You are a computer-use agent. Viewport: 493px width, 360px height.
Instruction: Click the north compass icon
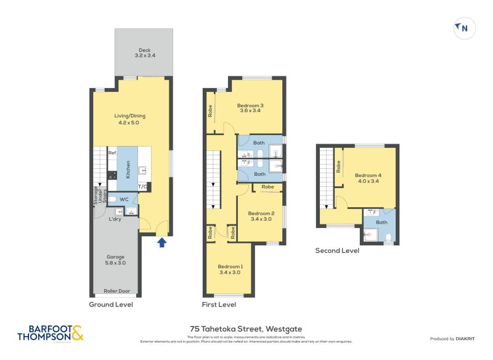pyautogui.click(x=465, y=28)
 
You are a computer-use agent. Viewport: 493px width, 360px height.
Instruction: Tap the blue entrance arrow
pyautogui.click(x=162, y=242)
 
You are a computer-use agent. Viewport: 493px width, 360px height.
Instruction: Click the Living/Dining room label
pyautogui.click(x=129, y=119)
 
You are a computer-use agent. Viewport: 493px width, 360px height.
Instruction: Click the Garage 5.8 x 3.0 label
pyautogui.click(x=115, y=260)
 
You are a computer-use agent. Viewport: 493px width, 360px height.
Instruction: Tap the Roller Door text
pyautogui.click(x=115, y=291)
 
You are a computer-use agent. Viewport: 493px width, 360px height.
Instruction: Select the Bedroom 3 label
pyautogui.click(x=250, y=108)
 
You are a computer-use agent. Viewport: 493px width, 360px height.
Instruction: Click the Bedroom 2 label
pyautogui.click(x=263, y=215)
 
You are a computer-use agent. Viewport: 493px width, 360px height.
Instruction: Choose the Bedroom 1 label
pyautogui.click(x=230, y=269)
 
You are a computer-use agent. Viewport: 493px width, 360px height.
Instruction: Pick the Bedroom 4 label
pyautogui.click(x=368, y=178)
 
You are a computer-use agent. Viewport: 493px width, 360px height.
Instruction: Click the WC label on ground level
pyautogui.click(x=124, y=199)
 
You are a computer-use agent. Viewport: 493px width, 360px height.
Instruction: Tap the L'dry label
pyautogui.click(x=113, y=219)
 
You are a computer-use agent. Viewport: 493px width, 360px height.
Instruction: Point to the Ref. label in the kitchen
pyautogui.click(x=112, y=153)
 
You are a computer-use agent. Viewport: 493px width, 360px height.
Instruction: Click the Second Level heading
pyautogui.click(x=337, y=250)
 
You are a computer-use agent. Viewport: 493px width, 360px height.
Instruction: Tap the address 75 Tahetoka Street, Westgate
pyautogui.click(x=246, y=329)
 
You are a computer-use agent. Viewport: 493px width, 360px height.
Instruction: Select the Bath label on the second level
pyautogui.click(x=381, y=223)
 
